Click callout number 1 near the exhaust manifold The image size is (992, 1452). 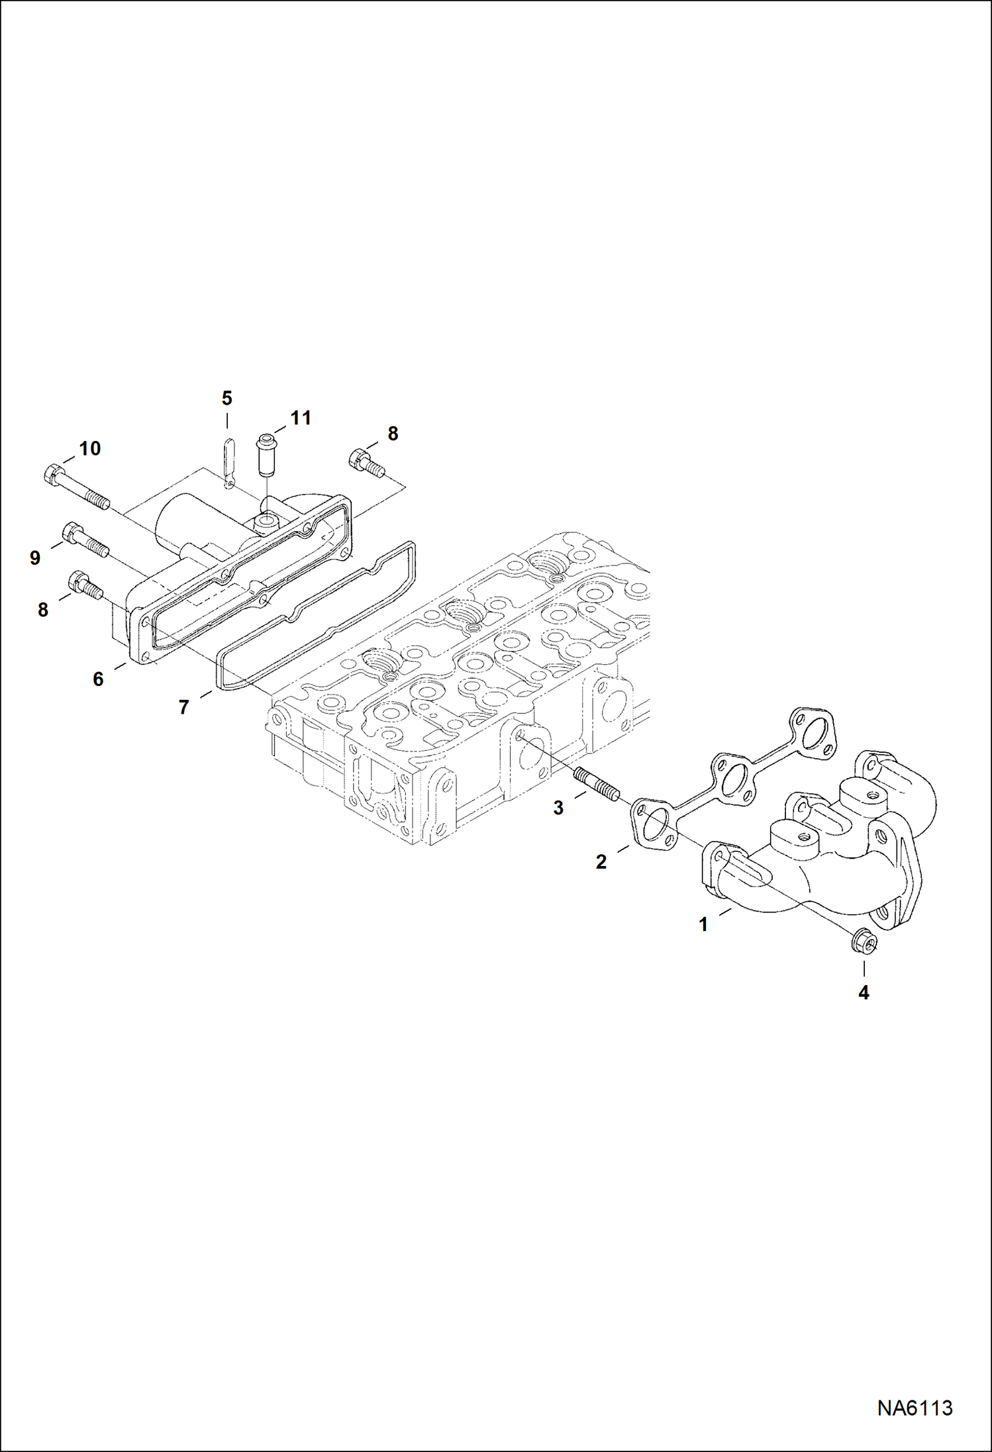pyautogui.click(x=703, y=924)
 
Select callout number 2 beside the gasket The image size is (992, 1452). pyautogui.click(x=601, y=862)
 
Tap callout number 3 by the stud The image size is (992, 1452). pyautogui.click(x=558, y=808)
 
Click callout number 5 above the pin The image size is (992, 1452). pyautogui.click(x=226, y=398)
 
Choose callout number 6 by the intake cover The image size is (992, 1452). pyautogui.click(x=98, y=679)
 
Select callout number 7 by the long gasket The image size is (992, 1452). pyautogui.click(x=183, y=707)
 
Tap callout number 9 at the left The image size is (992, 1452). pyautogui.click(x=35, y=557)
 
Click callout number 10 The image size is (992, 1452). pyautogui.click(x=89, y=448)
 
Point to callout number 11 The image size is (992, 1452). pyautogui.click(x=301, y=418)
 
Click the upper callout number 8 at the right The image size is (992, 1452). pyautogui.click(x=393, y=434)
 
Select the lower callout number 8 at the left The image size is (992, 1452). pyautogui.click(x=43, y=610)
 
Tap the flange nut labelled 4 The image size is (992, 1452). pyautogui.click(x=863, y=941)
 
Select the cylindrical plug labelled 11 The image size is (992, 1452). pyautogui.click(x=267, y=454)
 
